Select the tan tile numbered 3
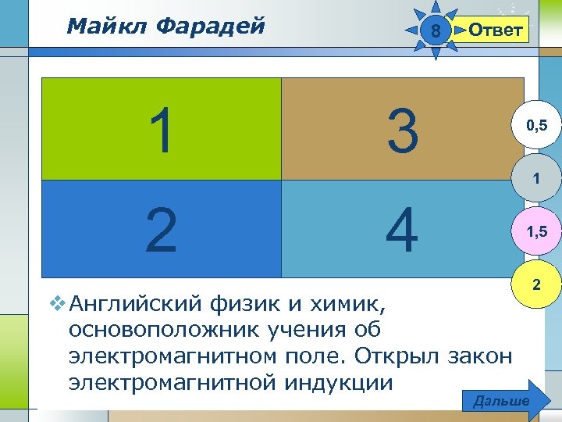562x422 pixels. pyautogui.click(x=402, y=130)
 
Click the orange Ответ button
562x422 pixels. pyautogui.click(x=494, y=30)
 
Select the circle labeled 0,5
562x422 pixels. pyautogui.click(x=535, y=123)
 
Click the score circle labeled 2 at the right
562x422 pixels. pyautogui.click(x=535, y=286)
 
